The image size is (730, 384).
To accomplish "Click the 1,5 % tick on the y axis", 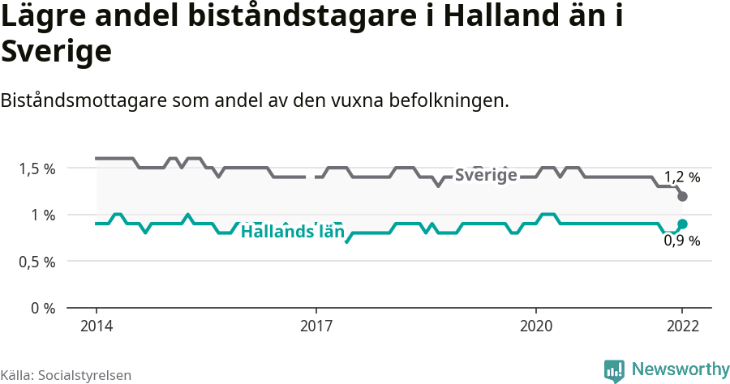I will pyautogui.click(x=38, y=169).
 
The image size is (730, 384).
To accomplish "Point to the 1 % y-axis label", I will pyautogui.click(x=44, y=215).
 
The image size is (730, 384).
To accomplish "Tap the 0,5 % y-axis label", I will pyautogui.click(x=38, y=262).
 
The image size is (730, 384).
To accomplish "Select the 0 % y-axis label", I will pyautogui.click(x=44, y=308).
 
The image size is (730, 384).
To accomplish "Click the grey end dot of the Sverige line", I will pyautogui.click(x=682, y=197).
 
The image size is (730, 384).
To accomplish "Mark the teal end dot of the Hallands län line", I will pyautogui.click(x=682, y=224).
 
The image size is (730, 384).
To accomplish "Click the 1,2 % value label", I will pyautogui.click(x=681, y=177).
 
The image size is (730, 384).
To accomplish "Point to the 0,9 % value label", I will pyautogui.click(x=681, y=241).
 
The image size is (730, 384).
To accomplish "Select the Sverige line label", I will pyautogui.click(x=485, y=175).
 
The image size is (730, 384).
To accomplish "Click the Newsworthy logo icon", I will pyautogui.click(x=614, y=370).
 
